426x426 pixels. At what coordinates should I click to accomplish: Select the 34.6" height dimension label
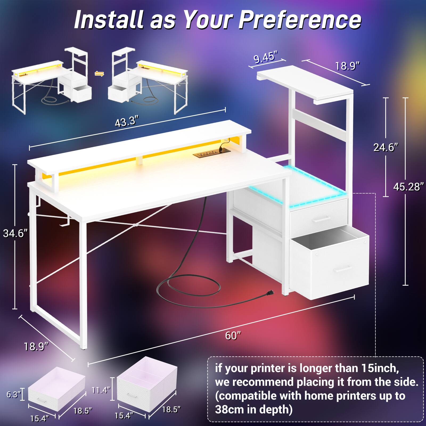tap(15, 234)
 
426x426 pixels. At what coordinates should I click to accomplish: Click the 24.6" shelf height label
tap(386, 147)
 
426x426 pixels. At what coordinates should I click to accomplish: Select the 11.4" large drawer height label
tap(101, 390)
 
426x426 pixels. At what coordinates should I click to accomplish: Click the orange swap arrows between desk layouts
tap(99, 74)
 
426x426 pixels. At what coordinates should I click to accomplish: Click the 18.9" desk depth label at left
tap(36, 347)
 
